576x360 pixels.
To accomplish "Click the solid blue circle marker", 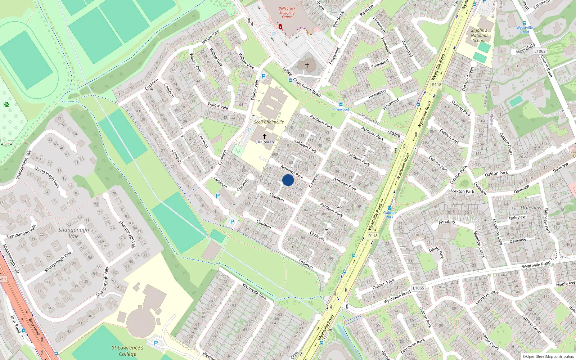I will (288, 180).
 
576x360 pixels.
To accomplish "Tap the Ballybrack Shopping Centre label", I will (287, 13).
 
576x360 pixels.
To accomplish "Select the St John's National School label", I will (479, 35).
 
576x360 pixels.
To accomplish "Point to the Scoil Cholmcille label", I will (269, 122).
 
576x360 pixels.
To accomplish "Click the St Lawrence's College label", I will (127, 351).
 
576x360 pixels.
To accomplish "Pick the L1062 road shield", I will (540, 51).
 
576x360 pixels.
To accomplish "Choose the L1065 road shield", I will (418, 288).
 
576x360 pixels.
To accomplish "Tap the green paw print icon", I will (6, 104).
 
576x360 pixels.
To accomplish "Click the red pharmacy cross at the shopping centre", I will (280, 27).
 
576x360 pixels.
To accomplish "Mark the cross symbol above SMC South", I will (265, 136).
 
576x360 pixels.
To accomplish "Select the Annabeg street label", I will (447, 222).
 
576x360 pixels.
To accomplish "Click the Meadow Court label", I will (479, 244).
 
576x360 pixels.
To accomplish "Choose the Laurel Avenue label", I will (487, 297).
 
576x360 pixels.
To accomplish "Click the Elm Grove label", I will (338, 19).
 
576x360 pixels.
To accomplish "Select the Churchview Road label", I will (307, 87).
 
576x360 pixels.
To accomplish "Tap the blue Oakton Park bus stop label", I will (390, 215).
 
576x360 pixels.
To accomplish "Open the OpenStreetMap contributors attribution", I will (549, 356).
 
